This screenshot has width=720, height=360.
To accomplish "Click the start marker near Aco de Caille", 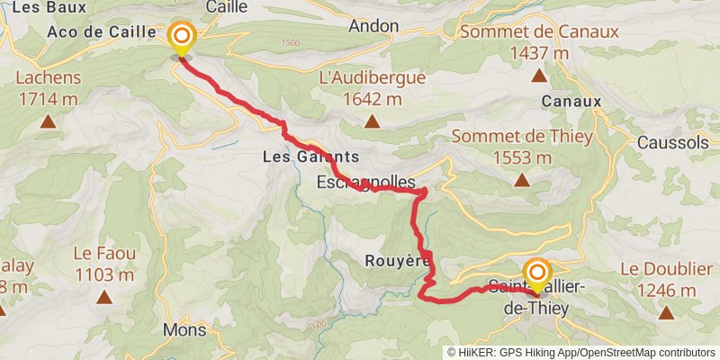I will point(182,37).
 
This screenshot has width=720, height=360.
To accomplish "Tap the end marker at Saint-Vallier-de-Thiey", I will point(537,273).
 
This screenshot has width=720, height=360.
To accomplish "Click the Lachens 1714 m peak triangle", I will point(48,119).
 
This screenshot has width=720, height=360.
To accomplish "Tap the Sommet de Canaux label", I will point(538,42).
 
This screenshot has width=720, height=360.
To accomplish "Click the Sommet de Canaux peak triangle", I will point(538,76).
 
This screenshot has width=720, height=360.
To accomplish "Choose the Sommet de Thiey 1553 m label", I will point(522,147).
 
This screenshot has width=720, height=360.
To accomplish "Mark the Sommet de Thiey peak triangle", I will point(522,180).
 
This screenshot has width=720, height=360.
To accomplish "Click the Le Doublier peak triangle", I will point(666,313).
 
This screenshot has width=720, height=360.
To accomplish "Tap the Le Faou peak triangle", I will point(104,296).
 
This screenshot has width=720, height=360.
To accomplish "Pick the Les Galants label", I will point(304,157).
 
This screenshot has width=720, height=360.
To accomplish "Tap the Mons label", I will point(184,330).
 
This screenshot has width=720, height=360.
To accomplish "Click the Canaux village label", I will point(571,102).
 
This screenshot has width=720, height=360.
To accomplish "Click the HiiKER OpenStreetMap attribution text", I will point(580,353).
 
